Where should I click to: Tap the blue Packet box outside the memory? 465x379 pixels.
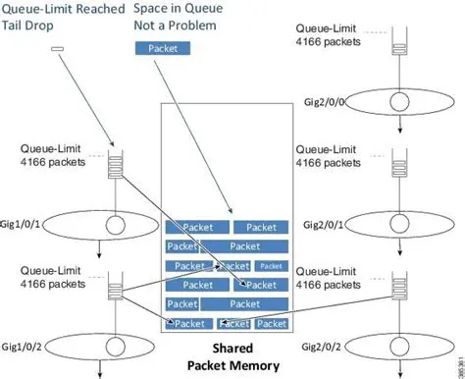coord(164,47)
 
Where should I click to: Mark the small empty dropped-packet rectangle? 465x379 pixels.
coord(58,48)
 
